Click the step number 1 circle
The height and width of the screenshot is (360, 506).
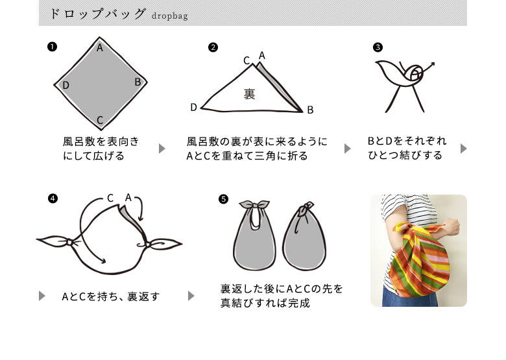coord(52,47)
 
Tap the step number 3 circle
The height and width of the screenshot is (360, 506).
coord(378,47)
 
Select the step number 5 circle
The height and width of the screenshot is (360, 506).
coord(223,199)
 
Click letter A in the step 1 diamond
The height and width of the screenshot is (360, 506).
coord(100,48)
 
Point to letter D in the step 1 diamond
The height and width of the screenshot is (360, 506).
coord(66,85)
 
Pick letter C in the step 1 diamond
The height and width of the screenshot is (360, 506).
coord(100,120)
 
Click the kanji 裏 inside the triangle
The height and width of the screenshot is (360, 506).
coord(250,94)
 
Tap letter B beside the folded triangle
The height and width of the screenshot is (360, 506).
coord(310,110)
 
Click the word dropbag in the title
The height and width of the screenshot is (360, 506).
coord(170,16)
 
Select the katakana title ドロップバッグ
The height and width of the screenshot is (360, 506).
coord(98,14)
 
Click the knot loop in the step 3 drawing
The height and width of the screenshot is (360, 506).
coord(415,74)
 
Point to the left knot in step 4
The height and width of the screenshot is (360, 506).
coord(69,242)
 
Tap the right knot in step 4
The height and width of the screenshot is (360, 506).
coord(147,245)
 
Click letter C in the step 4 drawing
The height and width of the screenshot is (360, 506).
coord(110,198)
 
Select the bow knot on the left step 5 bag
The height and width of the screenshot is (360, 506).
coord(254,205)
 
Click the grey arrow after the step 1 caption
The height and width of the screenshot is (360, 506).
coord(162,149)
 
